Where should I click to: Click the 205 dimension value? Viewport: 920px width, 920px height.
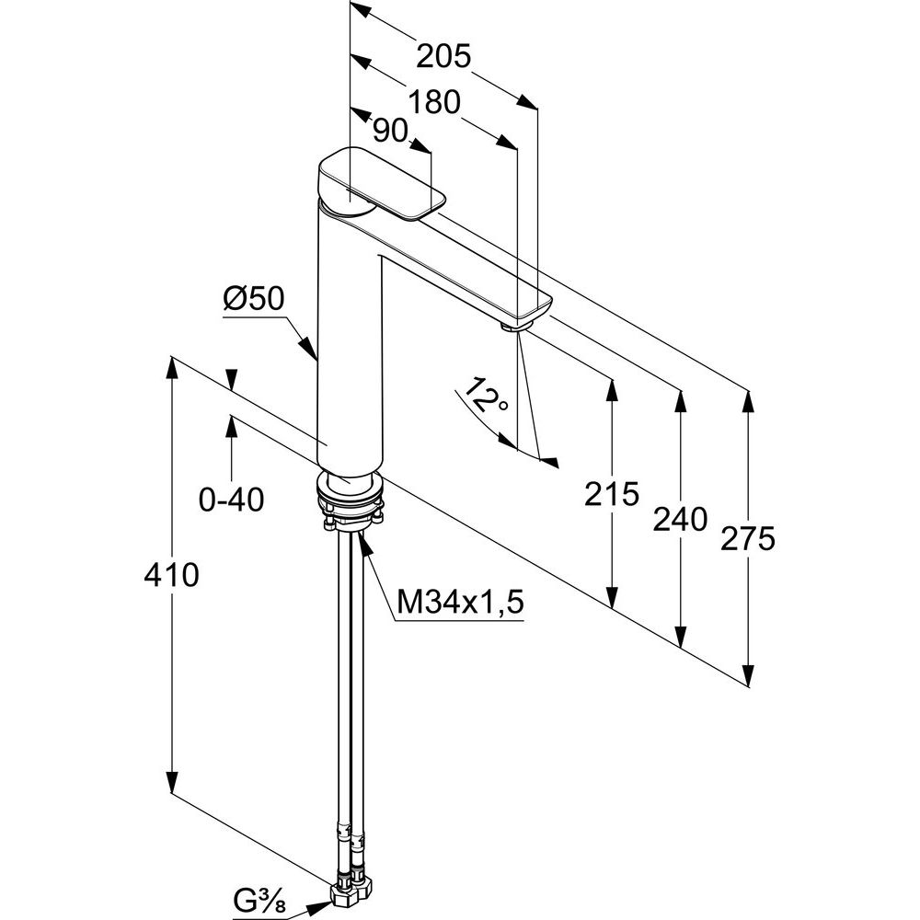point(443,57)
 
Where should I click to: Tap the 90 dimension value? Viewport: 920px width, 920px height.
point(390,132)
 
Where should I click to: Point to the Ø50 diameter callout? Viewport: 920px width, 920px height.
point(254,299)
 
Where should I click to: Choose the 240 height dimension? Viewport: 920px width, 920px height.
point(681,519)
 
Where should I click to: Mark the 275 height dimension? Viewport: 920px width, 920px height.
point(749,539)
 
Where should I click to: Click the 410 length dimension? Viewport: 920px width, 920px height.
point(171,576)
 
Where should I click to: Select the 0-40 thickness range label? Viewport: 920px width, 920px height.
point(232,500)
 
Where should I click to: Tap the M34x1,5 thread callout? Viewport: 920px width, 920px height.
point(460,603)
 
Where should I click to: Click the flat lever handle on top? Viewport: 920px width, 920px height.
point(381,185)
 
